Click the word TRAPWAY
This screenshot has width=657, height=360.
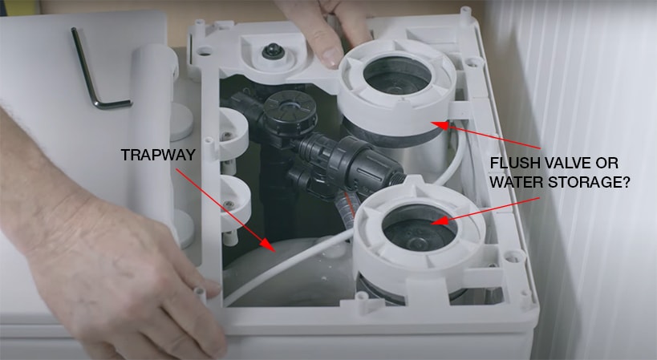(x=158, y=155)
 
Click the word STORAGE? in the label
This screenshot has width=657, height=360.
(x=589, y=182)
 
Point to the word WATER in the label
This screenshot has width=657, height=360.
(x=517, y=182)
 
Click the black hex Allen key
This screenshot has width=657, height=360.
(x=97, y=69)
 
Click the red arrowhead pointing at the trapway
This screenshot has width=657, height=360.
(x=269, y=245)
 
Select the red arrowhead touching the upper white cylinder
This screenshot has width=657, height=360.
(x=439, y=125)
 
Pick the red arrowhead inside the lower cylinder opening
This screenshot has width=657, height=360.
(x=439, y=220)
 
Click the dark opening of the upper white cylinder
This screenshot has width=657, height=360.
(x=397, y=75)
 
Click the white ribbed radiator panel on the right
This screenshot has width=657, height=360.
(x=595, y=180)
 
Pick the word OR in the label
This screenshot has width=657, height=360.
(x=607, y=163)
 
